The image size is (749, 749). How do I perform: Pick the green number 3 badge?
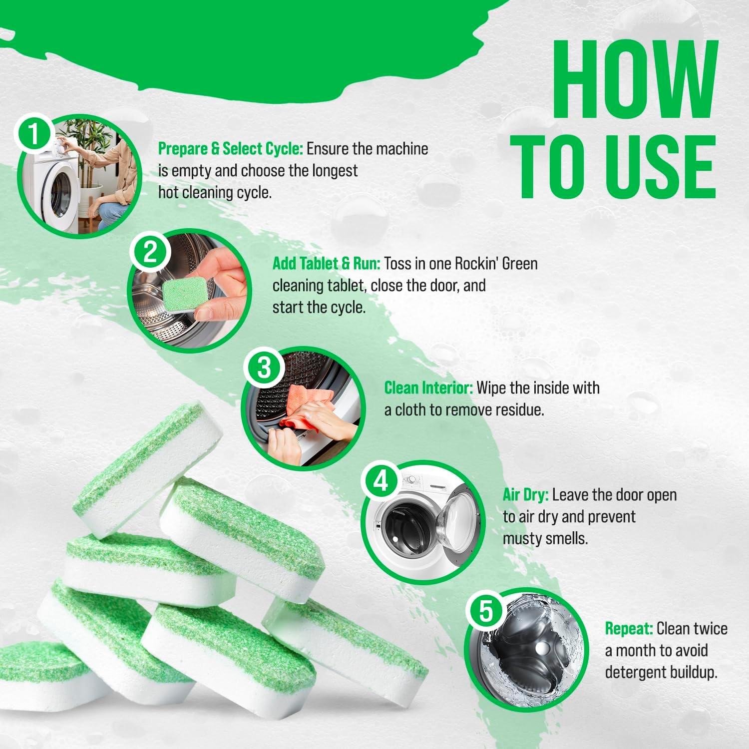pyautogui.click(x=264, y=369)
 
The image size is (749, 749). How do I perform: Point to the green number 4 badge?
pyautogui.click(x=381, y=482)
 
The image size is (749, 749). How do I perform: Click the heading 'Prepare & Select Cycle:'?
pyautogui.click(x=231, y=149)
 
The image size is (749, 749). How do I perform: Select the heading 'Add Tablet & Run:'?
pyautogui.click(x=327, y=263)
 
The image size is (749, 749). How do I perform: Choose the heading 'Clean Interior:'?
pyautogui.click(x=428, y=388)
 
